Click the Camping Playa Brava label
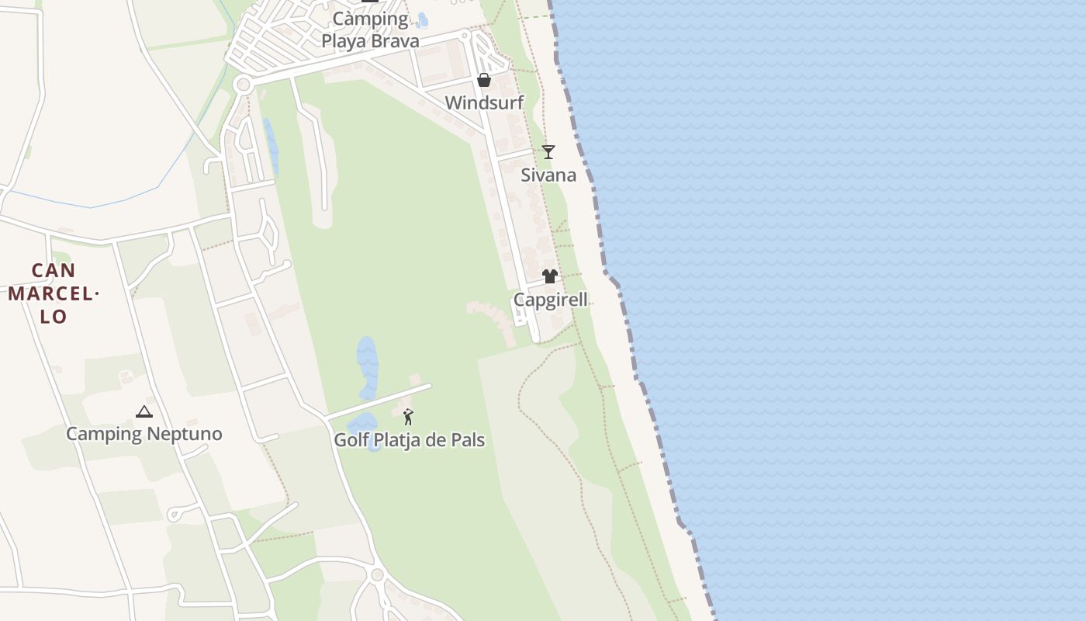click(x=370, y=29)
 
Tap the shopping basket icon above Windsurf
click(x=484, y=80)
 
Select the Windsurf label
click(x=484, y=102)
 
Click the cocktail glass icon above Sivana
click(x=548, y=151)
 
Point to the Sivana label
click(x=548, y=175)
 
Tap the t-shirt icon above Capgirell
click(x=550, y=276)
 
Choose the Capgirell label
click(x=550, y=300)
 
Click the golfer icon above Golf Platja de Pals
click(x=408, y=417)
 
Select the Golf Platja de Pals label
click(x=409, y=440)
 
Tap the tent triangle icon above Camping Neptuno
click(x=144, y=411)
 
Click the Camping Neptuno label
click(x=144, y=434)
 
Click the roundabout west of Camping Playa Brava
click(x=243, y=84)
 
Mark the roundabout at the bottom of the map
click(x=378, y=575)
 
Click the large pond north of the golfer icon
click(x=367, y=366)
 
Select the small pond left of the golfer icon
click(x=361, y=425)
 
